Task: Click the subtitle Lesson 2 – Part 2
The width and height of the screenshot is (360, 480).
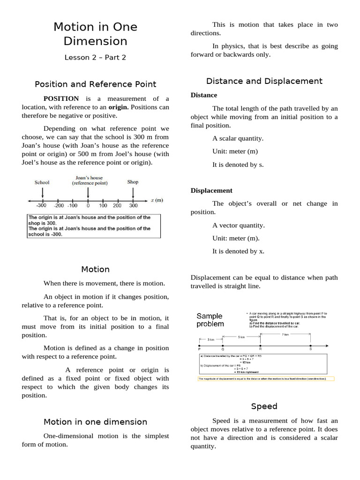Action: pos(95,58)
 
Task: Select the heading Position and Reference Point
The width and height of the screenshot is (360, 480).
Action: pos(95,84)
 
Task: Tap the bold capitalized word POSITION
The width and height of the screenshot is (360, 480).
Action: pos(61,98)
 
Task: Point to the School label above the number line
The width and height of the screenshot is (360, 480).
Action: pos(42,182)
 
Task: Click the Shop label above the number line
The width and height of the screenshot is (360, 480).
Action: pos(133,182)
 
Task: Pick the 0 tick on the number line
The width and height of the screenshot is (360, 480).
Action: pos(88,205)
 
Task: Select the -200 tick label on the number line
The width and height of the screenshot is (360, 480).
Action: pos(59,205)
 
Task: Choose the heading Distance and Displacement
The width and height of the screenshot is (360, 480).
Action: pos(264,81)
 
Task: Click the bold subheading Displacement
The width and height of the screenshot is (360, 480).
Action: pos(211,190)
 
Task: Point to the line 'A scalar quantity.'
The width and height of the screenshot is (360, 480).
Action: pos(238,138)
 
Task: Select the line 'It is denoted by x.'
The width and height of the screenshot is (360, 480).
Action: pos(238,251)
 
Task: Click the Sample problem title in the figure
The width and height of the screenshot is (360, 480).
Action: pos(210,320)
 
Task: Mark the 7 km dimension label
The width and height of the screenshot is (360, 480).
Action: pos(285,335)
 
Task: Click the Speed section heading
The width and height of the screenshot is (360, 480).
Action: pos(264,406)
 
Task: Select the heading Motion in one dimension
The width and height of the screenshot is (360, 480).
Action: pos(95,422)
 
